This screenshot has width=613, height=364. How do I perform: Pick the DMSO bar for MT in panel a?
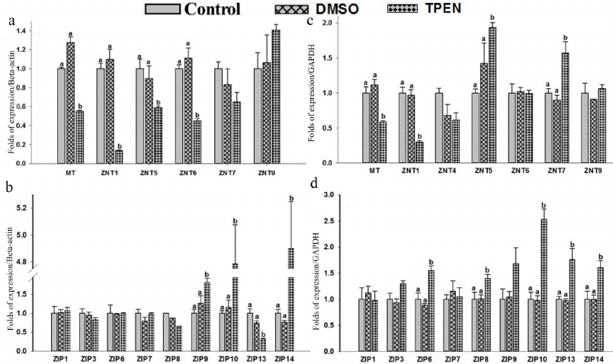click(x=70, y=102)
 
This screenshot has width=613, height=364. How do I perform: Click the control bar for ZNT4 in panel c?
click(x=438, y=127)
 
